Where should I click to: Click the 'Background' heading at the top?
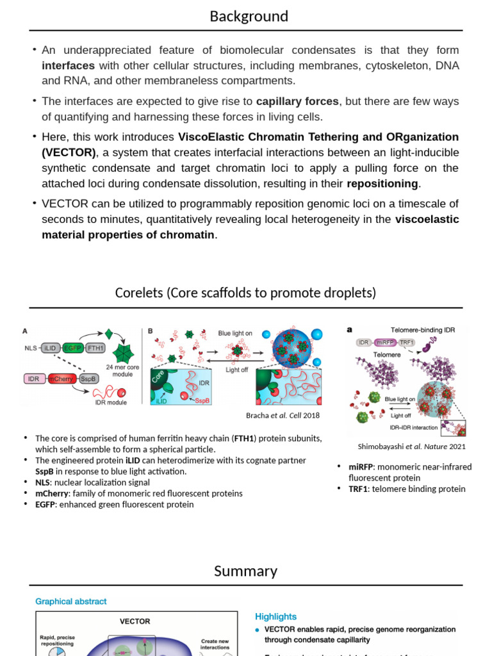pos(249,16)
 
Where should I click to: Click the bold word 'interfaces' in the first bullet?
pos(68,65)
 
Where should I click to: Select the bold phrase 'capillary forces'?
pos(297,101)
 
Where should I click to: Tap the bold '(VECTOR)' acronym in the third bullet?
pos(69,152)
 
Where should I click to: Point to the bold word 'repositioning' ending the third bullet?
pos(382,184)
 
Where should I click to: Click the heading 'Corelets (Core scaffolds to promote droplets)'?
pos(245,293)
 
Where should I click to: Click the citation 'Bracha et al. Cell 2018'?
pos(283,415)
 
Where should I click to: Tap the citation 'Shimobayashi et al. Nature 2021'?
pos(411,447)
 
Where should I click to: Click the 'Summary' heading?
pos(245,571)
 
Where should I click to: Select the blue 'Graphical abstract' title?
pos(70,602)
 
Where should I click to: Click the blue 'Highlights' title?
pos(275,616)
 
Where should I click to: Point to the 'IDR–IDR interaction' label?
pos(413,427)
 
